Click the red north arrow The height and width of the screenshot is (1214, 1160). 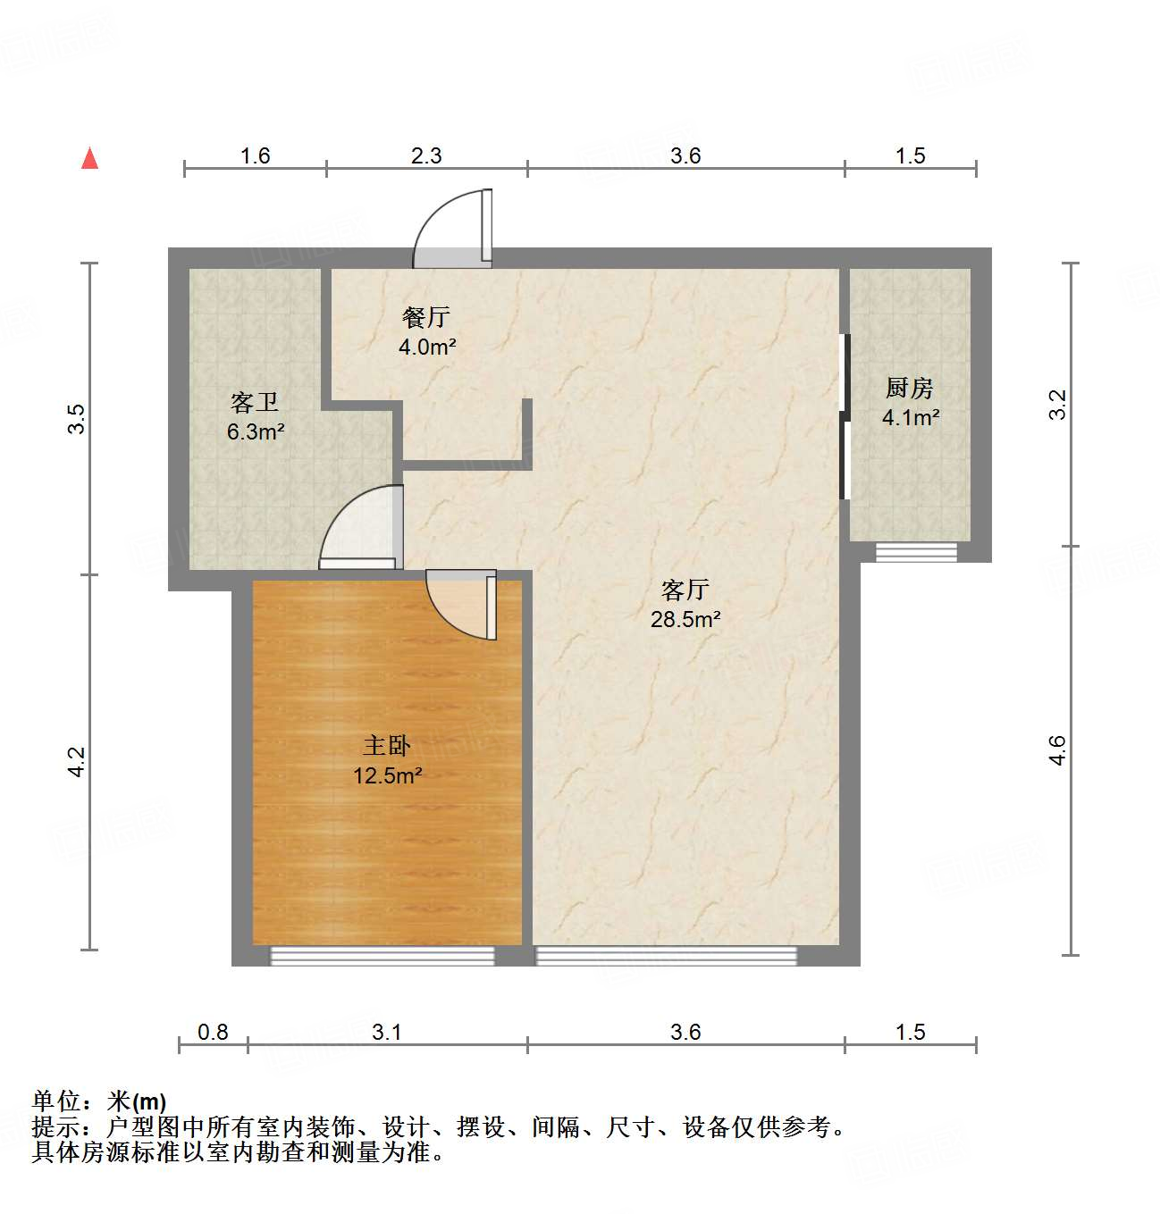pyautogui.click(x=89, y=158)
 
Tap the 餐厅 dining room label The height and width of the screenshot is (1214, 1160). pyautogui.click(x=426, y=317)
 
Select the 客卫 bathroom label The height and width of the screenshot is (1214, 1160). pyautogui.click(x=255, y=403)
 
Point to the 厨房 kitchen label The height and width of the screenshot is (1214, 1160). pyautogui.click(x=910, y=388)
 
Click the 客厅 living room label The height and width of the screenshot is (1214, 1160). pyautogui.click(x=685, y=590)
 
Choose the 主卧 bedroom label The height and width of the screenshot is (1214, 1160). pyautogui.click(x=387, y=746)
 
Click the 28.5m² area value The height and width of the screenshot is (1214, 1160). pyautogui.click(x=685, y=619)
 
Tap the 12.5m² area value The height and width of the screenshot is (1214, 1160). pyautogui.click(x=387, y=775)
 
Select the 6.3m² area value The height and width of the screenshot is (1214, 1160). pyautogui.click(x=255, y=432)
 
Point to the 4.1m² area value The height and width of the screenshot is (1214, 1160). pyautogui.click(x=910, y=417)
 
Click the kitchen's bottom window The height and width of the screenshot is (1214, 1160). pyautogui.click(x=916, y=552)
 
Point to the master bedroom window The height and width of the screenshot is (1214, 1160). pyautogui.click(x=382, y=956)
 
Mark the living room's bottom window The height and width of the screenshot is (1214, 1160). pyautogui.click(x=666, y=956)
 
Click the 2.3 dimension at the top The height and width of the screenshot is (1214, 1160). pyautogui.click(x=426, y=155)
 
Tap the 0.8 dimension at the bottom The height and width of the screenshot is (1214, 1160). pyautogui.click(x=213, y=1032)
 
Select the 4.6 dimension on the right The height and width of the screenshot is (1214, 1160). pyautogui.click(x=1058, y=749)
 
